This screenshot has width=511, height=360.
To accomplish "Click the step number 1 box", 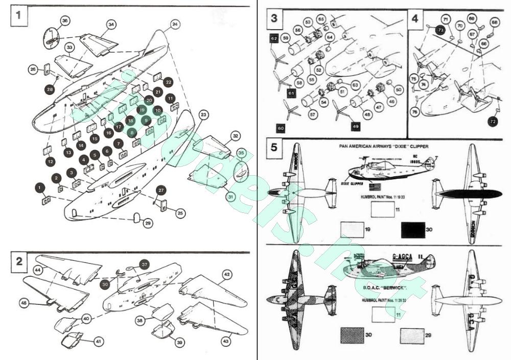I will pos(18,15).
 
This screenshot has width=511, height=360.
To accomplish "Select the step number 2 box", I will pos(19,261).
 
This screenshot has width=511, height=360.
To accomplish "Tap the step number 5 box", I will pos(274,148).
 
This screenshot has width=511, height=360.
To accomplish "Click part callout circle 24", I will pos(175,24).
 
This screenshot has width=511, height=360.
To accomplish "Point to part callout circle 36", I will pos(64,20).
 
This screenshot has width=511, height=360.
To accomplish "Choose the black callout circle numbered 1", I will pos(39,188).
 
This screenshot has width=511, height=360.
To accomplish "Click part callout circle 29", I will pos(148,223).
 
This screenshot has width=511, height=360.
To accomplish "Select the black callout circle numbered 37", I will pos(145,265).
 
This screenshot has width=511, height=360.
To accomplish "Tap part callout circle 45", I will pos(24,303).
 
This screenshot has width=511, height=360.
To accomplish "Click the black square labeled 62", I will pos(274,38).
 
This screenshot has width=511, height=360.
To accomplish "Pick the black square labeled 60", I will pos(281,128).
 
